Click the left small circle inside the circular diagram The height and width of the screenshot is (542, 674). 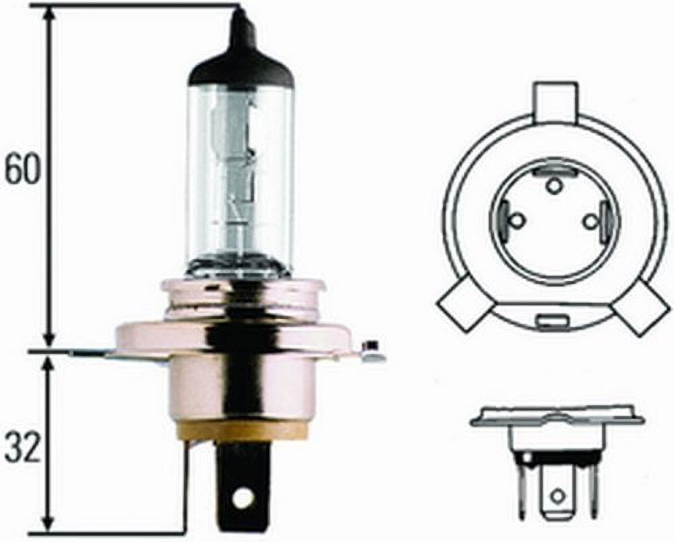pyautogui.click(x=516, y=220)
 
